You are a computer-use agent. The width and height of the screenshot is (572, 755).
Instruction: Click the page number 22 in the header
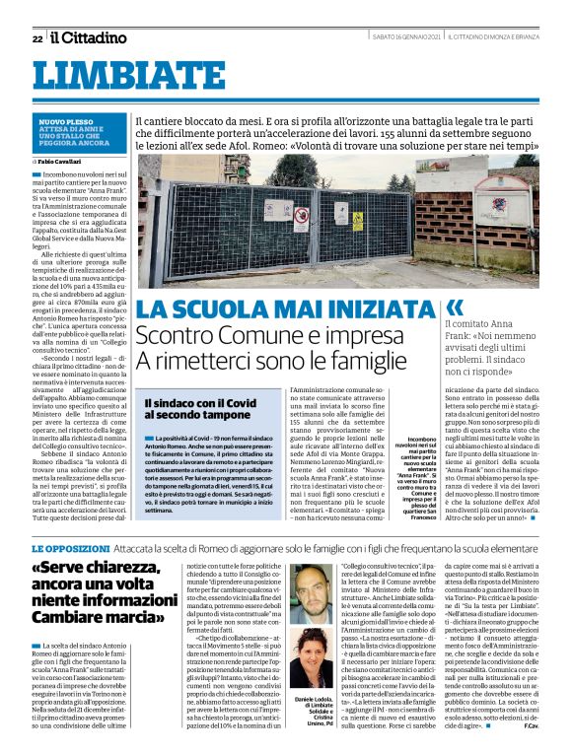pyautogui.click(x=36, y=38)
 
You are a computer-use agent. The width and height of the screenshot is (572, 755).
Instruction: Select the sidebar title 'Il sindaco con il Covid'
pyautogui.click(x=200, y=403)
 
